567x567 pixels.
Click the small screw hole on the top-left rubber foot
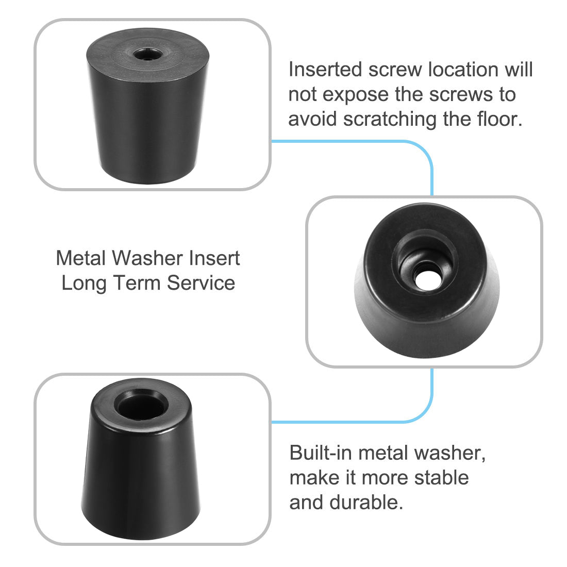click(x=140, y=54)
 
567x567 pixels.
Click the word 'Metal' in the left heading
click(x=80, y=258)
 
